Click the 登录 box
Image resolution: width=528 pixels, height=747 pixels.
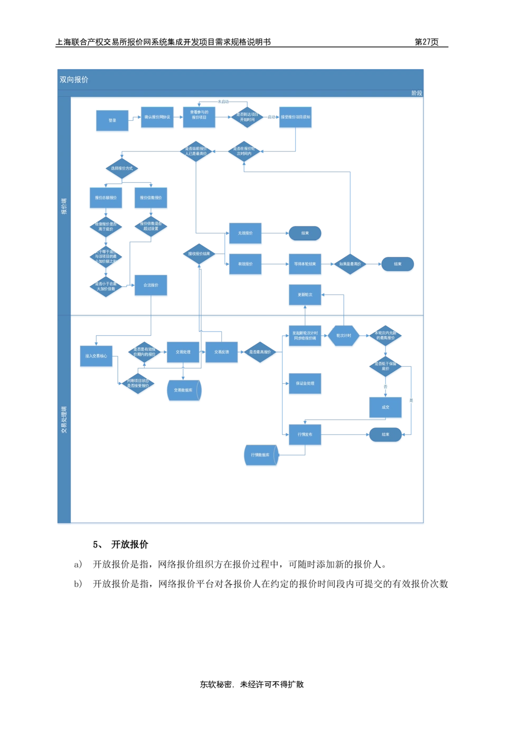pyautogui.click(x=112, y=120)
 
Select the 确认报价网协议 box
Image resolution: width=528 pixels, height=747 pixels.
pyautogui.click(x=157, y=117)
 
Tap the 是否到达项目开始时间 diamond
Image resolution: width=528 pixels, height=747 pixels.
pyautogui.click(x=247, y=117)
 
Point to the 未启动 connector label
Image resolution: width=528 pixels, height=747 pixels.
pyautogui.click(x=223, y=101)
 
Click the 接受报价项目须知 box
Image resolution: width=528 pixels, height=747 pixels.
pyautogui.click(x=296, y=117)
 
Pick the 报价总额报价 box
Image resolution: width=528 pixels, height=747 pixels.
pyautogui.click(x=106, y=197)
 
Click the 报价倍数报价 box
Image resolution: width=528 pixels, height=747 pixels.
pyautogui.click(x=151, y=197)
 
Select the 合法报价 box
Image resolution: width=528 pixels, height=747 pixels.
pyautogui.click(x=151, y=285)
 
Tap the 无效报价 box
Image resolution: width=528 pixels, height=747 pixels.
pyautogui.click(x=246, y=233)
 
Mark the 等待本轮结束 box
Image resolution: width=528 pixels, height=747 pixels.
pyautogui.click(x=305, y=264)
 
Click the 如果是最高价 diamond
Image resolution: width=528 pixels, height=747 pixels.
pyautogui.click(x=350, y=264)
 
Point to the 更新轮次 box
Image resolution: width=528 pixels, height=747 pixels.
pyautogui.click(x=305, y=295)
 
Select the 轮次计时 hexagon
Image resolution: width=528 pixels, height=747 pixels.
pyautogui.click(x=344, y=336)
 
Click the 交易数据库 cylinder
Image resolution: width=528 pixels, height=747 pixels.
pyautogui.click(x=183, y=391)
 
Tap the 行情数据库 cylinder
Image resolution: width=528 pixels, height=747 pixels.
pyautogui.click(x=260, y=455)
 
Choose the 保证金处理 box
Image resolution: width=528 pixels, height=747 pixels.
pyautogui.click(x=305, y=383)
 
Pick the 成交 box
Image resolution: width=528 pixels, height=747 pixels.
pyautogui.click(x=385, y=407)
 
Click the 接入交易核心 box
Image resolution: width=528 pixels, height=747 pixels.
pyautogui.click(x=96, y=356)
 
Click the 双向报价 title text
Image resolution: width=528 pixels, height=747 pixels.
pyautogui.click(x=74, y=80)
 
